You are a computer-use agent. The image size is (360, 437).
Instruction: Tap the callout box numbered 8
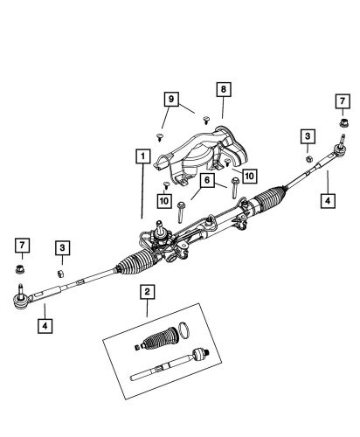click(x=223, y=89)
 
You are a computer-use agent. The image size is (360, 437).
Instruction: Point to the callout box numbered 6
click(x=207, y=180)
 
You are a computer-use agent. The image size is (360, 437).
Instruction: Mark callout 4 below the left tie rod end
click(x=43, y=326)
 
